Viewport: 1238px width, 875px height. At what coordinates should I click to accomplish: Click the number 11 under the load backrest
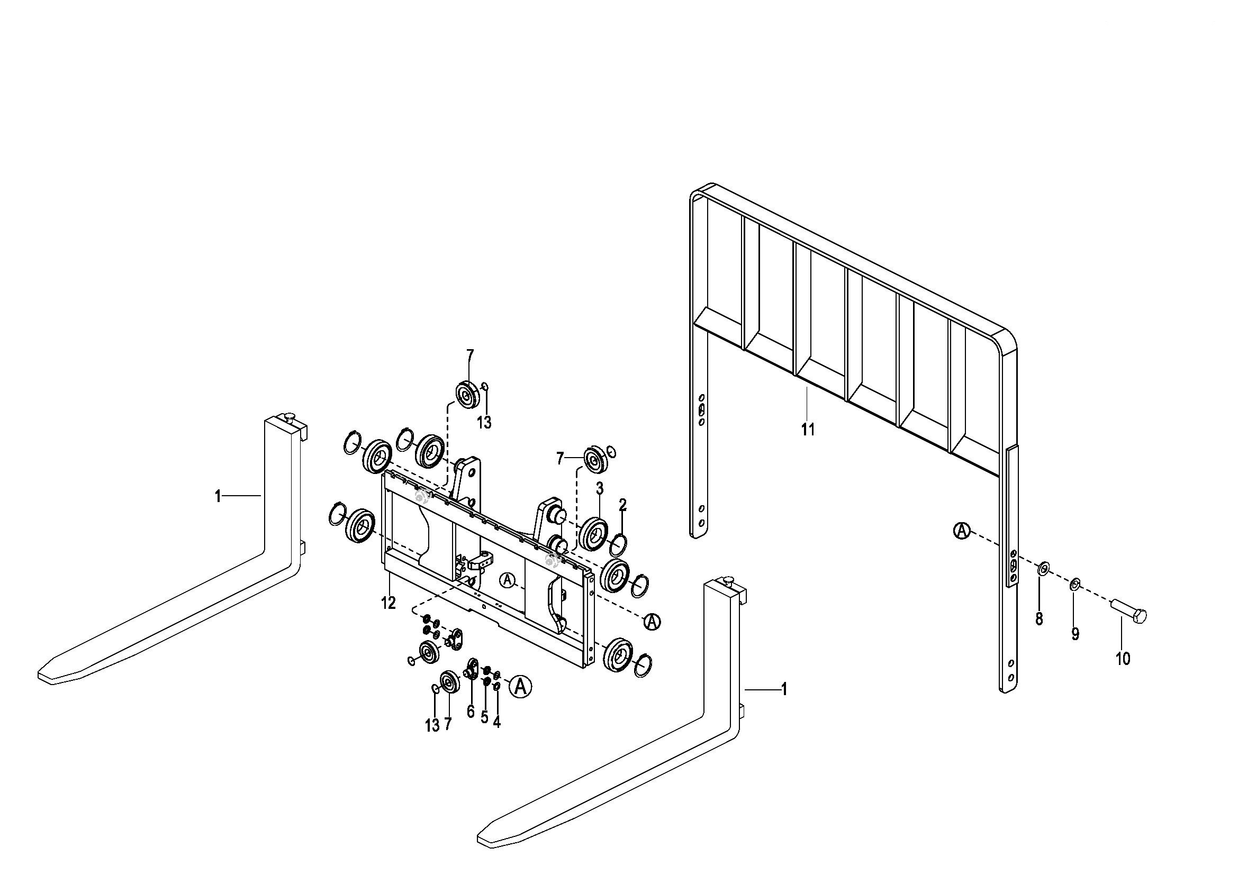click(x=808, y=430)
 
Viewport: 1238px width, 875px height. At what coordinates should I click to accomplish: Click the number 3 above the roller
click(x=600, y=489)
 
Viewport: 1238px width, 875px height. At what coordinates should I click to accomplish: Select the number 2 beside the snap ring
click(x=623, y=505)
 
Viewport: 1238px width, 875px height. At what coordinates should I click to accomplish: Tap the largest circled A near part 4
click(x=520, y=686)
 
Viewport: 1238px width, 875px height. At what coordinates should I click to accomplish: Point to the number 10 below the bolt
click(x=1123, y=659)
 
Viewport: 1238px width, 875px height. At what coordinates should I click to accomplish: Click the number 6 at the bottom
click(x=471, y=712)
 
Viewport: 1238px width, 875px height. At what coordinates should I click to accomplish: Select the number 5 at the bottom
click(x=484, y=717)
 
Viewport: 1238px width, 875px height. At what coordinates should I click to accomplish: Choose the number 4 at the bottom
click(x=496, y=723)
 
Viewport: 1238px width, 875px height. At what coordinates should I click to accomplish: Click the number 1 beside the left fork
click(x=218, y=496)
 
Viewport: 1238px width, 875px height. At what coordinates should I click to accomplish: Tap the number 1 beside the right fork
click(x=784, y=689)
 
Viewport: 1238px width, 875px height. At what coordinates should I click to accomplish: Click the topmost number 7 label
click(x=470, y=356)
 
